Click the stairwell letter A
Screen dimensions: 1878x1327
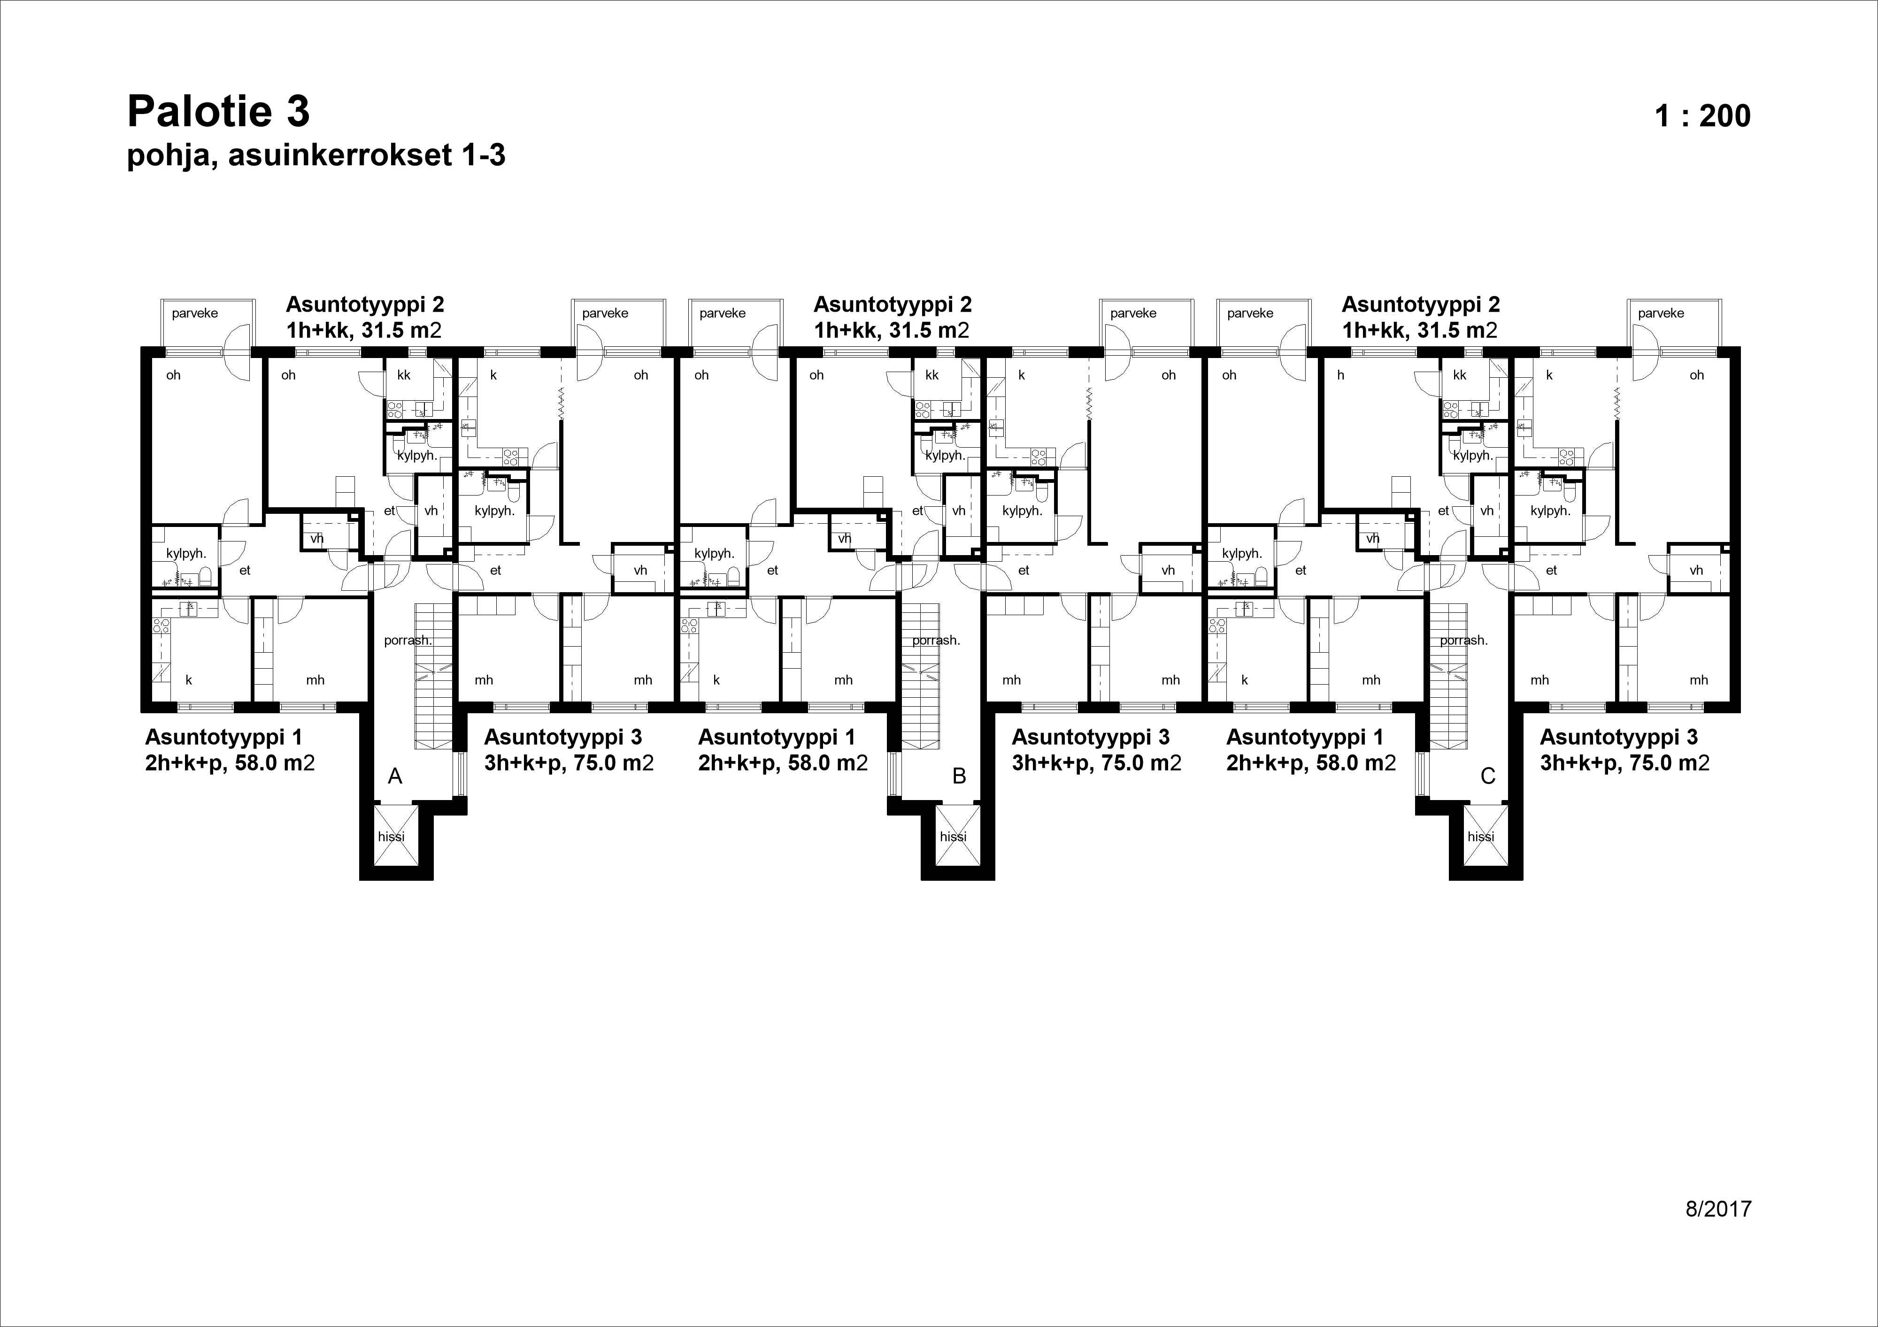click(395, 776)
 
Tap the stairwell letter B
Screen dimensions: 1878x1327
click(960, 776)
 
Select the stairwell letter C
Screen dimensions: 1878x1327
click(1488, 776)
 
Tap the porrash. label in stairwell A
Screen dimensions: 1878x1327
click(408, 640)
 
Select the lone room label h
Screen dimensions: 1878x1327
click(1340, 375)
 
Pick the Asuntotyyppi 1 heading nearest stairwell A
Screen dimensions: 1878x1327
click(223, 737)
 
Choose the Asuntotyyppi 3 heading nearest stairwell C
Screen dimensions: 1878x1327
click(1619, 737)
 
